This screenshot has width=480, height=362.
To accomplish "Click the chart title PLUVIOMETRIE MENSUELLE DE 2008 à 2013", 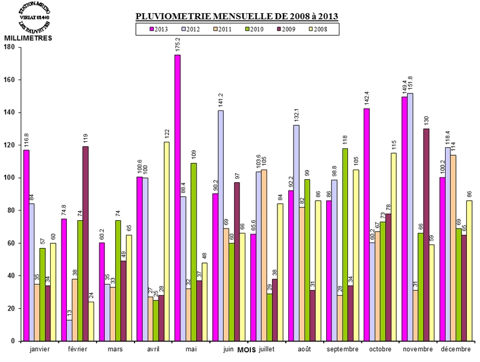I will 236,16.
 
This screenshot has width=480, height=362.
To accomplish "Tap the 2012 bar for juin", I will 221,226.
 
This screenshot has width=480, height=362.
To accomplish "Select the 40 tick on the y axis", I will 13,276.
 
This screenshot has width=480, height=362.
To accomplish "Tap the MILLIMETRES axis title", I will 28,38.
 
